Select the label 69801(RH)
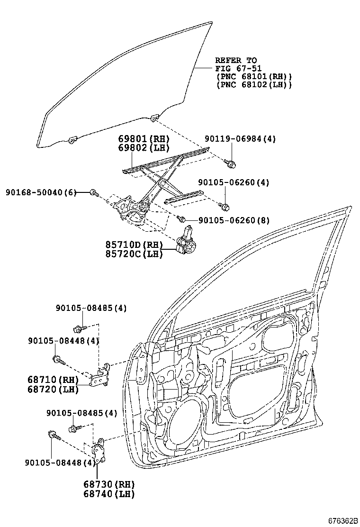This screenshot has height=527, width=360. [144, 139]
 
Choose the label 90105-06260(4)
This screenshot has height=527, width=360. [234, 182]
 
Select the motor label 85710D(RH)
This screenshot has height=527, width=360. [134, 245]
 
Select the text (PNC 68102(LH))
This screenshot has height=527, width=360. [253, 84]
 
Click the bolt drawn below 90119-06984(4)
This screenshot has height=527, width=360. [232, 164]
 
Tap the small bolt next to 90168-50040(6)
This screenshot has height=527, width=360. [94, 192]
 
